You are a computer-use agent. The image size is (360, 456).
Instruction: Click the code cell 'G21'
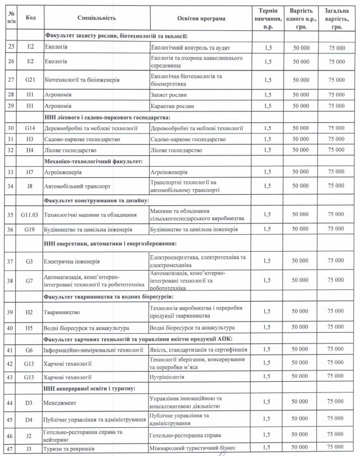click(x=30, y=80)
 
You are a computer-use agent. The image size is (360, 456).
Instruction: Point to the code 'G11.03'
click(x=30, y=214)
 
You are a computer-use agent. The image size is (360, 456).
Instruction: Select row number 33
click(x=10, y=171)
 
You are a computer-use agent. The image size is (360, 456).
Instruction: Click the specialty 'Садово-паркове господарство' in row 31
click(x=81, y=139)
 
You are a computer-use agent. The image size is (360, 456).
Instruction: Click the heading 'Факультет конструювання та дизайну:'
click(x=96, y=200)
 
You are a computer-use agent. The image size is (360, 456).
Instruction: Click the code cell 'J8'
click(x=30, y=185)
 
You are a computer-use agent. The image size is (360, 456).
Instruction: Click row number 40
click(x=10, y=327)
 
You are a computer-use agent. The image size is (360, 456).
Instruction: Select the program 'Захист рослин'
click(x=168, y=95)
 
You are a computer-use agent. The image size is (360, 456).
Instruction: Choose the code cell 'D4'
click(x=30, y=419)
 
